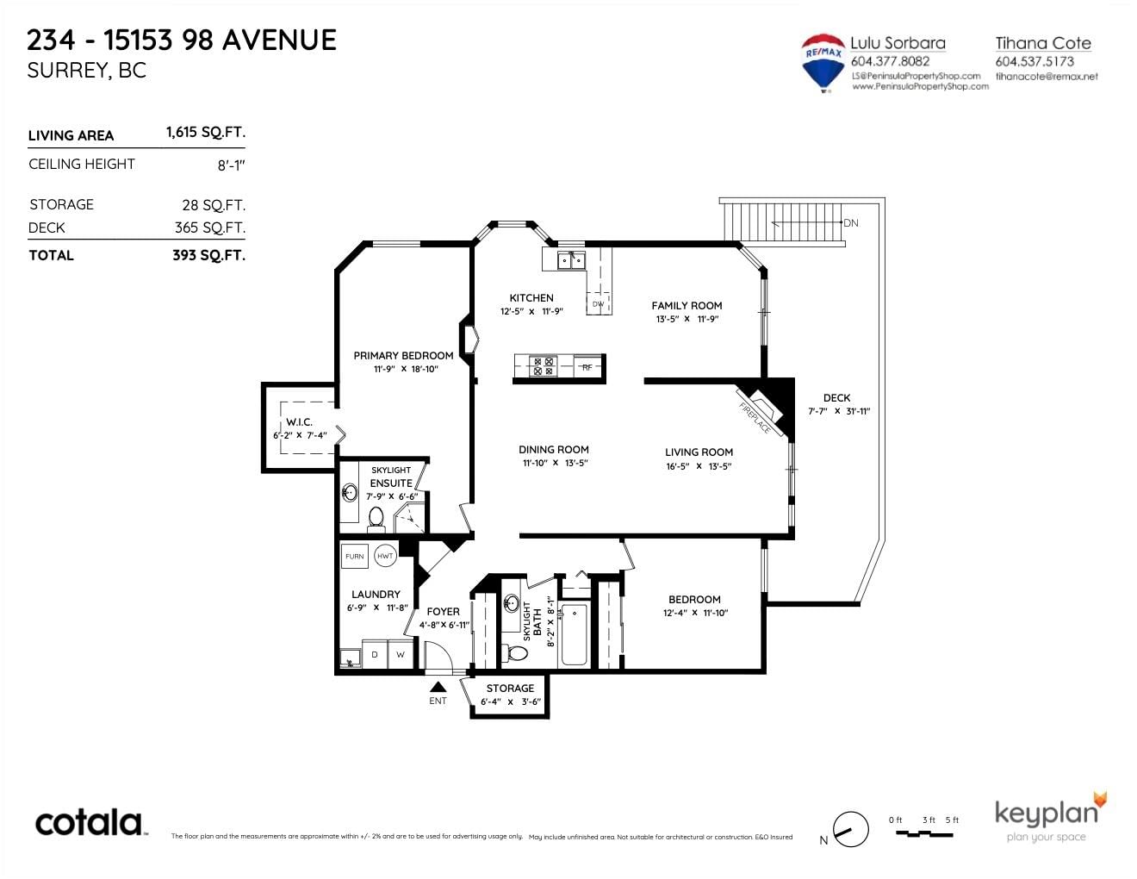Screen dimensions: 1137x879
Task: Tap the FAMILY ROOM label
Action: tap(687, 306)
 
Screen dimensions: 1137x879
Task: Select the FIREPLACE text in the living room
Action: tap(755, 418)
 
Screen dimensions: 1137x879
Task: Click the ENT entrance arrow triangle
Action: tap(438, 687)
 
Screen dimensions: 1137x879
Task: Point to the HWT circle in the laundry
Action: tap(385, 556)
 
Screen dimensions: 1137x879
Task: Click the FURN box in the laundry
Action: tap(355, 556)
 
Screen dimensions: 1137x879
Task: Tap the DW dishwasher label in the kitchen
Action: tap(598, 304)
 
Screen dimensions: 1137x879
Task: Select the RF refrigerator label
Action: tap(587, 367)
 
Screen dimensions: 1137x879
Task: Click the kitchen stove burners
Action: tap(544, 366)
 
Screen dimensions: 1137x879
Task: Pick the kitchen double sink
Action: tap(571, 260)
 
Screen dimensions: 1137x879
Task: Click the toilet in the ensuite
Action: tap(376, 519)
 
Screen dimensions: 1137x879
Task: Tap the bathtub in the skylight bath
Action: tap(574, 635)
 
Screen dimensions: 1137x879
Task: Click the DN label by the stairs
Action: tap(851, 223)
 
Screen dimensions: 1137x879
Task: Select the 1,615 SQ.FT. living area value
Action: tap(206, 132)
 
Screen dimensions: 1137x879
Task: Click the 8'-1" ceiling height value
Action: tap(231, 165)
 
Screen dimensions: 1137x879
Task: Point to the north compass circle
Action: tap(851, 830)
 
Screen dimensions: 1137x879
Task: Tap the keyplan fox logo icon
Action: tap(1100, 801)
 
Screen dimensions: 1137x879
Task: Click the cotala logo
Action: tap(90, 823)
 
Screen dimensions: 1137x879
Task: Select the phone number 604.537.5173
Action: tap(1034, 62)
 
